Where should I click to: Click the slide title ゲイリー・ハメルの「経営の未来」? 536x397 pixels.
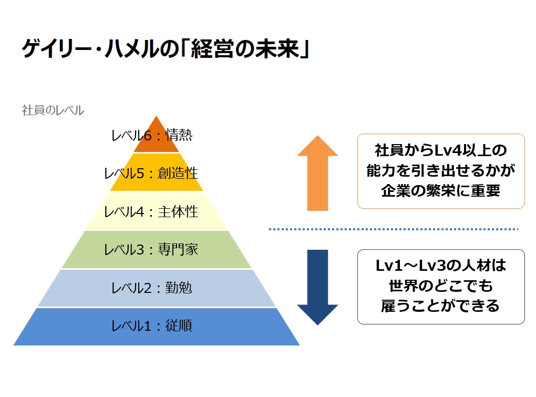click(x=166, y=49)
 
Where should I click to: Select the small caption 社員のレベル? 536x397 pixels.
click(x=53, y=110)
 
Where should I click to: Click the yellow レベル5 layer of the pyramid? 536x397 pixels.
click(x=156, y=172)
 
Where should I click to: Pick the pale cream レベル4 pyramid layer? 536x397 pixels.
click(x=156, y=211)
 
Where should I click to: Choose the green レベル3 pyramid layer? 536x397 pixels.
click(x=156, y=249)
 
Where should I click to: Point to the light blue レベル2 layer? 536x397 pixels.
click(x=156, y=288)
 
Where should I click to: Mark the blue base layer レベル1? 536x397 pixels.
click(x=156, y=327)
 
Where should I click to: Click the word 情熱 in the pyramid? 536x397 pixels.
click(x=179, y=136)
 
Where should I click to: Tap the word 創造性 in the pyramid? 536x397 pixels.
click(x=178, y=174)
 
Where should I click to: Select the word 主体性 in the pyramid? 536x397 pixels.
click(x=178, y=212)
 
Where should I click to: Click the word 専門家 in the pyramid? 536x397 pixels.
click(x=178, y=250)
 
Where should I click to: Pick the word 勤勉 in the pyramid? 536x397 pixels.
click(x=179, y=288)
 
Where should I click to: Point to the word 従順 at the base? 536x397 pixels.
click(x=179, y=326)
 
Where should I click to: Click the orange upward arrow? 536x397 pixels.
click(x=317, y=173)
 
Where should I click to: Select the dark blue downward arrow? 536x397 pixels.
click(x=317, y=287)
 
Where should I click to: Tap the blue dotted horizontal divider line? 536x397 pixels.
click(x=394, y=229)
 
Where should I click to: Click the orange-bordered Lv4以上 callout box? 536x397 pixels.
click(x=441, y=171)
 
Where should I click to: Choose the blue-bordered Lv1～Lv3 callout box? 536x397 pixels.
click(x=441, y=287)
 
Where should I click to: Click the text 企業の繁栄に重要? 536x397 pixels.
click(x=441, y=191)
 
